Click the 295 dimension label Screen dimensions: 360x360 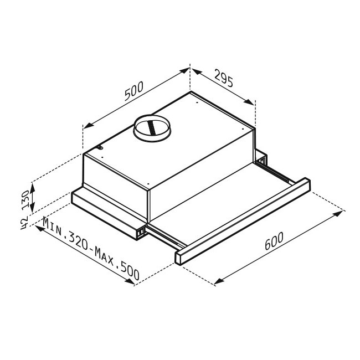224,78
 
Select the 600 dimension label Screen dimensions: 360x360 274,241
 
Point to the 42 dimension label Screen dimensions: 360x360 24,223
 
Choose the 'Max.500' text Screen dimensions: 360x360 117,264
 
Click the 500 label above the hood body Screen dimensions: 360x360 133,91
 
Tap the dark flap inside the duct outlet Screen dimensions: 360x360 151,127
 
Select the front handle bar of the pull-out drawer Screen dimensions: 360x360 243,221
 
